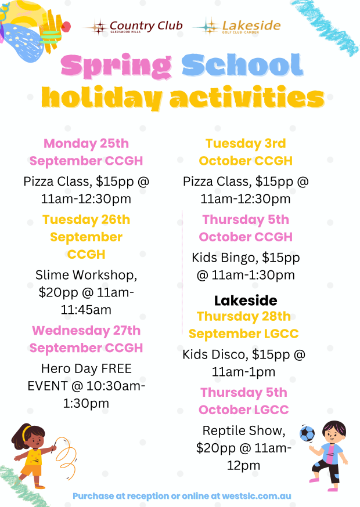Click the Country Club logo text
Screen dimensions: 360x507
(x=146, y=26)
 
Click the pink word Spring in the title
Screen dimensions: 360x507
(x=117, y=66)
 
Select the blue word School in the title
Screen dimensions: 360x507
(x=243, y=65)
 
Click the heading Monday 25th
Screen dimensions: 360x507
(x=86, y=143)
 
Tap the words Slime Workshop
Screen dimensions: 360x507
(x=86, y=275)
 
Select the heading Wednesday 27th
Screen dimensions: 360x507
(x=86, y=331)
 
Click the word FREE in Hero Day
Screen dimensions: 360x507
(x=117, y=368)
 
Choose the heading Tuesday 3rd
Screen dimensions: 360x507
(x=246, y=143)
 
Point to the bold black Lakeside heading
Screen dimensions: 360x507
(x=246, y=300)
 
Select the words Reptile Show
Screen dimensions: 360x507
(x=244, y=430)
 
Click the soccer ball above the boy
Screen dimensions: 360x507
(x=307, y=433)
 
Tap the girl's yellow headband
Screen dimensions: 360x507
(x=26, y=432)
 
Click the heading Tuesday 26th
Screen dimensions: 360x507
(x=86, y=219)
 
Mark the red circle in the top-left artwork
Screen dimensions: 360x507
(x=66, y=27)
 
